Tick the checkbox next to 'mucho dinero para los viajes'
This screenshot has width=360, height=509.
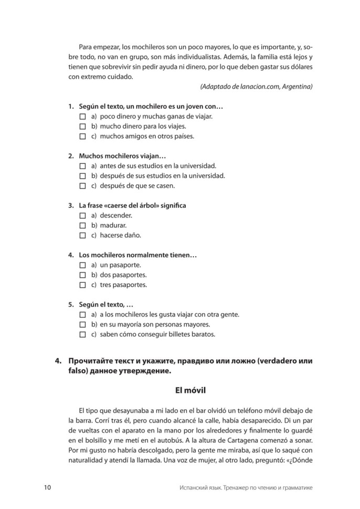[x=82, y=126]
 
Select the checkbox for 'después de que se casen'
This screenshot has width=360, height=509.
[x=82, y=185]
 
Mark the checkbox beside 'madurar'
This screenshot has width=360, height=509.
[x=82, y=225]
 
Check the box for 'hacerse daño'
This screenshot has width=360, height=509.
[x=82, y=235]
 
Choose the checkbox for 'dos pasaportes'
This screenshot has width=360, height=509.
[x=82, y=275]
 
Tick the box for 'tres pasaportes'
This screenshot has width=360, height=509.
[x=82, y=285]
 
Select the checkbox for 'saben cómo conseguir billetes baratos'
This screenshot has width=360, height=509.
[x=82, y=334]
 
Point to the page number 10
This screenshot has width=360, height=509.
[x=48, y=488]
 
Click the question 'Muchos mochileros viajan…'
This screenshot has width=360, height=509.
[x=122, y=156]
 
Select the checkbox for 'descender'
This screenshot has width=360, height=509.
[x=82, y=215]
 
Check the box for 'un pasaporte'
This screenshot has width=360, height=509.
[x=82, y=265]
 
